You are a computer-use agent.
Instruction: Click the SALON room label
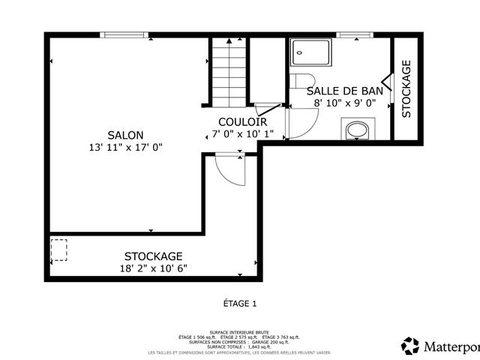click(x=125, y=135)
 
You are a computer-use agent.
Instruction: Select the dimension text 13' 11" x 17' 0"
click(x=125, y=148)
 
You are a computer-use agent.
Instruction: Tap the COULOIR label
click(x=242, y=121)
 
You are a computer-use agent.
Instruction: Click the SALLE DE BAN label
click(x=345, y=91)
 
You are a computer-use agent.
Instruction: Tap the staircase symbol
click(x=228, y=73)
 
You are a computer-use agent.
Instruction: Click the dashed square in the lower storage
click(x=58, y=250)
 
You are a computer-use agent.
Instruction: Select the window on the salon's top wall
click(x=124, y=34)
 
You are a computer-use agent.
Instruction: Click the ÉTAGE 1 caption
click(x=240, y=304)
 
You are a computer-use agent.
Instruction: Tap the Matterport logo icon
click(x=411, y=346)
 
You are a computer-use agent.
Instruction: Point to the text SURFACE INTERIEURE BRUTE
click(x=239, y=331)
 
